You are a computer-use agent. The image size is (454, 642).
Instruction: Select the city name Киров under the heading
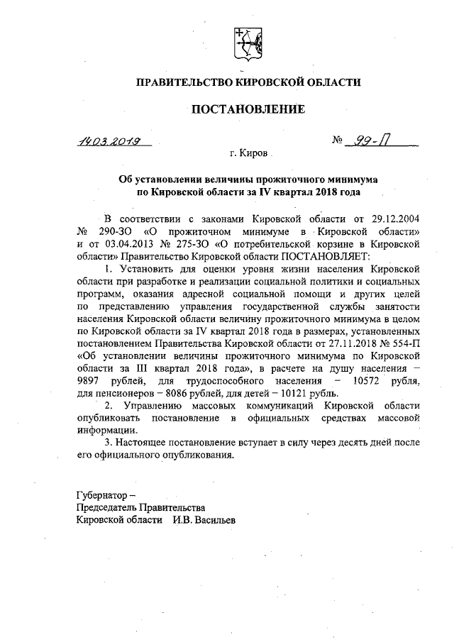tap(250, 153)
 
